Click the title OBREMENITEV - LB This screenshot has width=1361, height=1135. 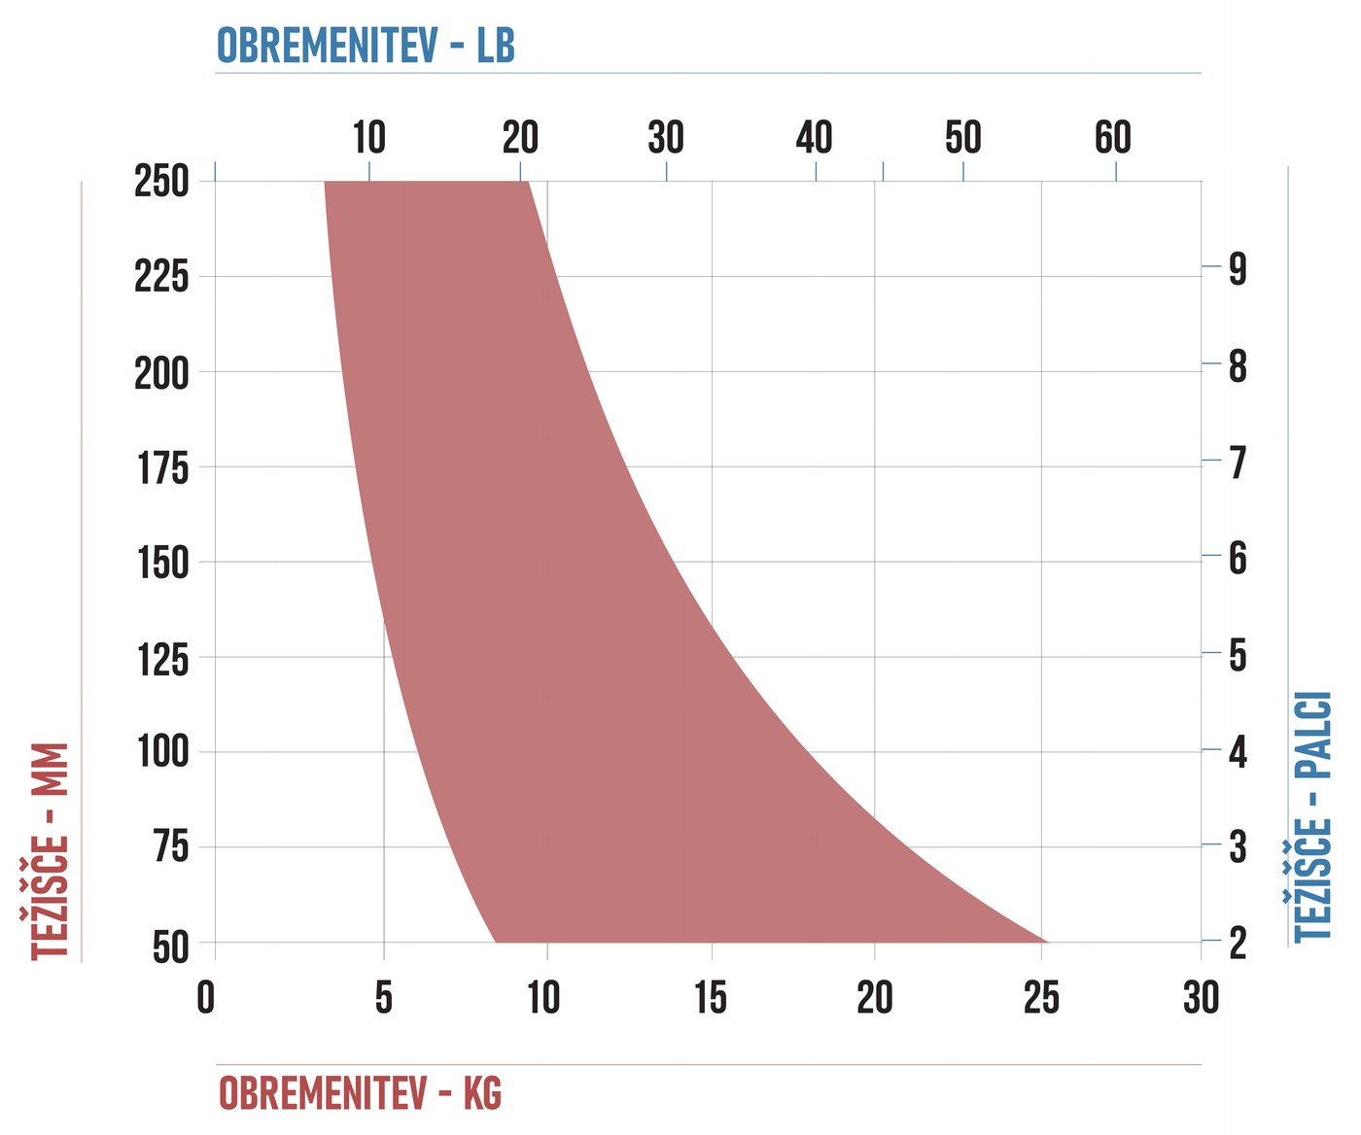(366, 46)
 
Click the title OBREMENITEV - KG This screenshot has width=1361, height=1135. (361, 1092)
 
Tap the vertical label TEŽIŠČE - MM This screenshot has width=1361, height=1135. (50, 851)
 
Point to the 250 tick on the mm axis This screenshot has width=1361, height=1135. (161, 181)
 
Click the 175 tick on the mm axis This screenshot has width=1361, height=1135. (163, 467)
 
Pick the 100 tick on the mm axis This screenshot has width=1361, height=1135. (163, 752)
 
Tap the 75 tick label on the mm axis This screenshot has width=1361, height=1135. (171, 846)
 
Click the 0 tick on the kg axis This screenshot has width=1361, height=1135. (206, 997)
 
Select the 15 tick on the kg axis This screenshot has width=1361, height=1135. (711, 997)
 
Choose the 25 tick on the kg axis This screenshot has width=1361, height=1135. (1041, 997)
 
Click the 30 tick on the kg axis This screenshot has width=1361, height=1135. (1202, 997)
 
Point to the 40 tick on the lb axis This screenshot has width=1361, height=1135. (814, 137)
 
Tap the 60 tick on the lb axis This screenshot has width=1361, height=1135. (1113, 137)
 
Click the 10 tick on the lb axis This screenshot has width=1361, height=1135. (369, 137)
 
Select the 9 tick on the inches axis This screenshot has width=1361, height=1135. (1238, 268)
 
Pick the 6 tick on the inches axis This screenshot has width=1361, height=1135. (1238, 559)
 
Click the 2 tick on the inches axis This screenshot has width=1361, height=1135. (1238, 943)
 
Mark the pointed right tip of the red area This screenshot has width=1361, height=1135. (1047, 942)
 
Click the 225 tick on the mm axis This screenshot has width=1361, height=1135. (161, 276)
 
